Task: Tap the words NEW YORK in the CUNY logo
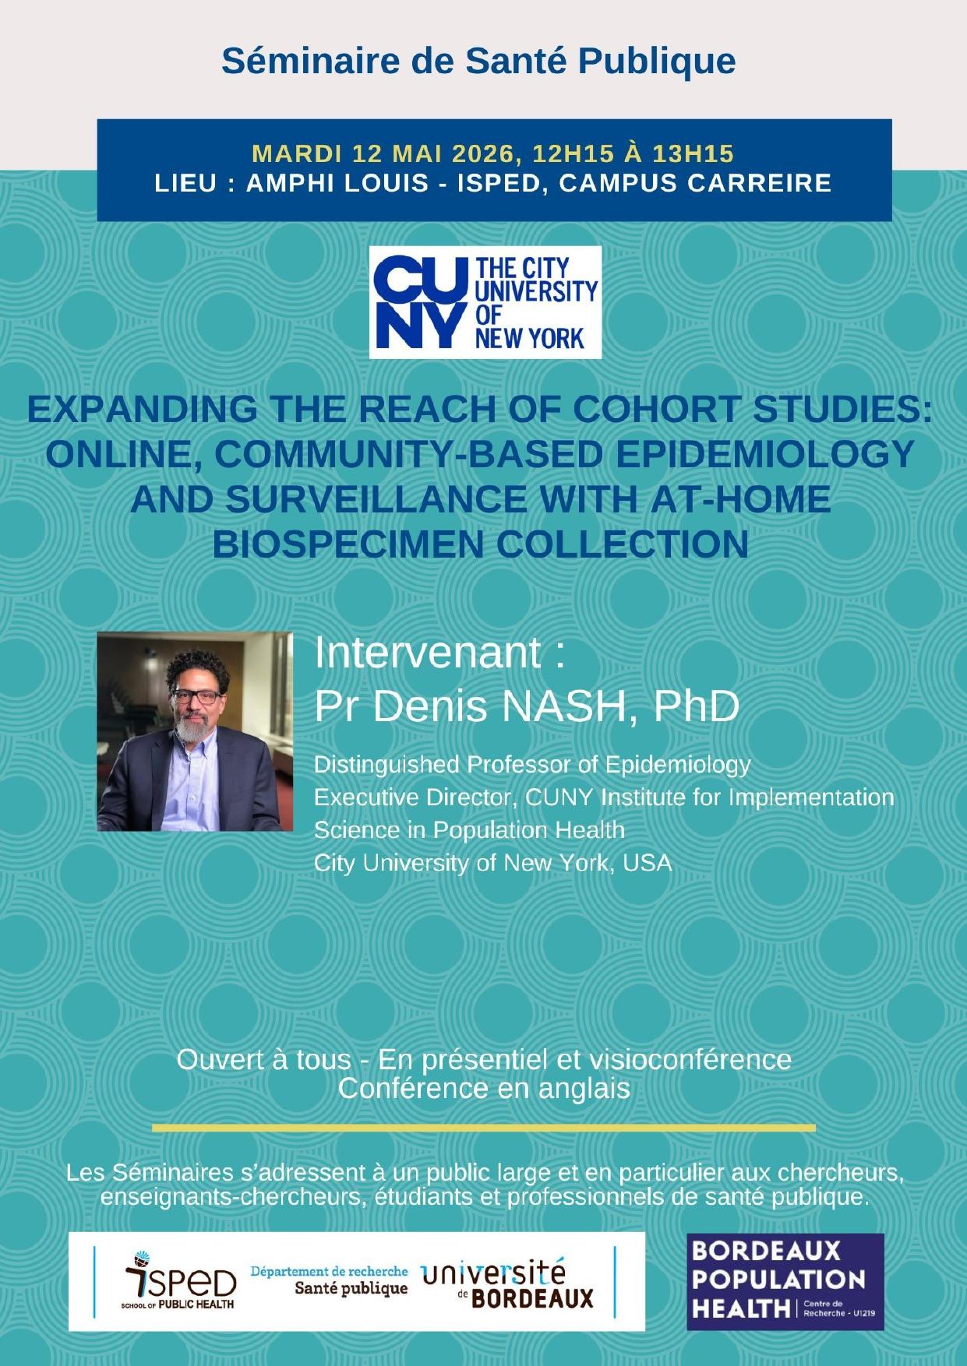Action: (530, 337)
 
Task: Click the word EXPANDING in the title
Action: (142, 410)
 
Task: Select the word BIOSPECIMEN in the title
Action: (348, 544)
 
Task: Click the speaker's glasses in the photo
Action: (198, 695)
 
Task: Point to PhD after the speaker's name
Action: (696, 706)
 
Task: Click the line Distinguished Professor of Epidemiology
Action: (532, 765)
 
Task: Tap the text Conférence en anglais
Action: (484, 1088)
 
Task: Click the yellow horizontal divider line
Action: (484, 1127)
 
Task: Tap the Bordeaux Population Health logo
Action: (785, 1281)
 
